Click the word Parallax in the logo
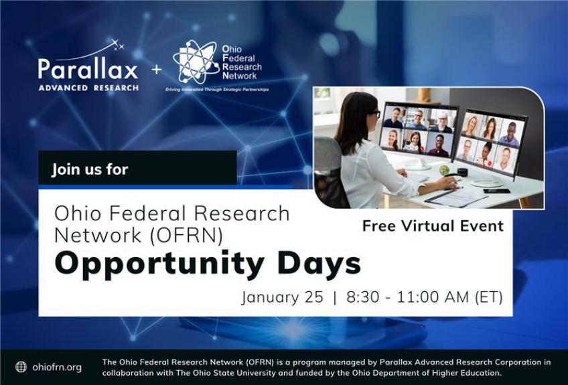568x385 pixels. coord(88,69)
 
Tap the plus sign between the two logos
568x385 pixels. coord(157,69)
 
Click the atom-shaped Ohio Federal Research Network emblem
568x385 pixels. coord(196,62)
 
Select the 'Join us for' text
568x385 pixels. coord(90,169)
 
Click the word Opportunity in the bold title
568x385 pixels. coord(159,264)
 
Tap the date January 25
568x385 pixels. coord(282,297)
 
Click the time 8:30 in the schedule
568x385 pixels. coord(362,297)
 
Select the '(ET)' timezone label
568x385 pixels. coord(489,297)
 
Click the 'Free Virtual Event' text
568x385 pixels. coord(433,226)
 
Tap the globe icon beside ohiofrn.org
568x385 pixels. coord(21,367)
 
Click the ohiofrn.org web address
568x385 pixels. coord(57,367)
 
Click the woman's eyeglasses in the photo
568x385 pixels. coord(374,114)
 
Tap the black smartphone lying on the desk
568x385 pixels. coord(496,191)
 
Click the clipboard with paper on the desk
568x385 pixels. coord(456,198)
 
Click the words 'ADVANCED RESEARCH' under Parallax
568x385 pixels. coord(88,88)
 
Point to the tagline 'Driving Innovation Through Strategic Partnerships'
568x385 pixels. coord(217,90)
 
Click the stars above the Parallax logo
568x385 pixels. coord(117,45)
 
